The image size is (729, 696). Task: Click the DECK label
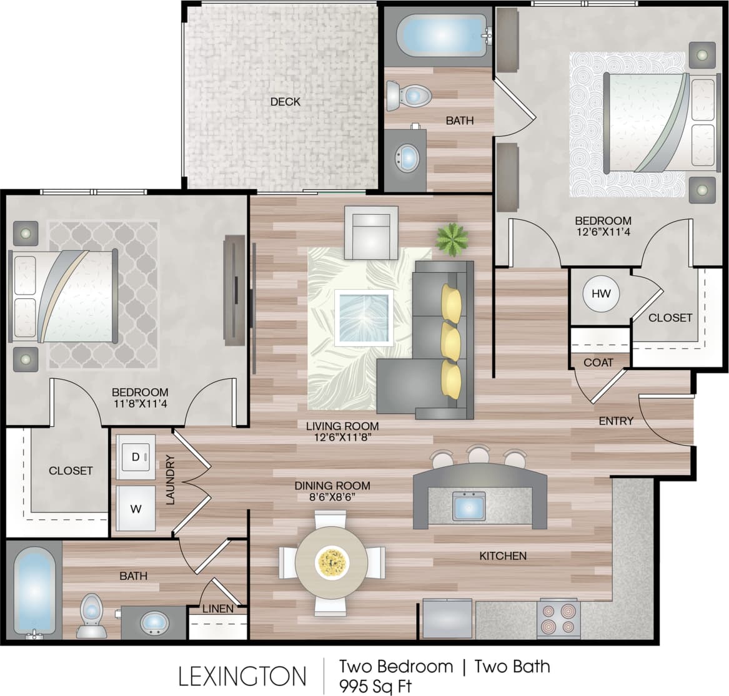285,101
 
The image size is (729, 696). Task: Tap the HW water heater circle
601,293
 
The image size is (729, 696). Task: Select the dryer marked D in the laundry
136,457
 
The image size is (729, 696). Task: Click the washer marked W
136,508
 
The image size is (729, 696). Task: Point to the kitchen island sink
469,506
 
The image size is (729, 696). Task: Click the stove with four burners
558,619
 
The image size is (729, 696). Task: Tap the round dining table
331,562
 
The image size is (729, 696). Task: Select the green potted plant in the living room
452,238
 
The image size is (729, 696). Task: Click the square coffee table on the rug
364,317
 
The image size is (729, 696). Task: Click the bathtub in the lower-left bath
34,590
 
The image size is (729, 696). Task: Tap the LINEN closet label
218,609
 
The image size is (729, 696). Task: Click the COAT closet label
598,362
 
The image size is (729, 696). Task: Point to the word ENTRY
616,421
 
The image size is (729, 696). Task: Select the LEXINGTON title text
242,676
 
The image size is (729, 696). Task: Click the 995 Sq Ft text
375,686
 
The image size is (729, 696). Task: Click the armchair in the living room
372,233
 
